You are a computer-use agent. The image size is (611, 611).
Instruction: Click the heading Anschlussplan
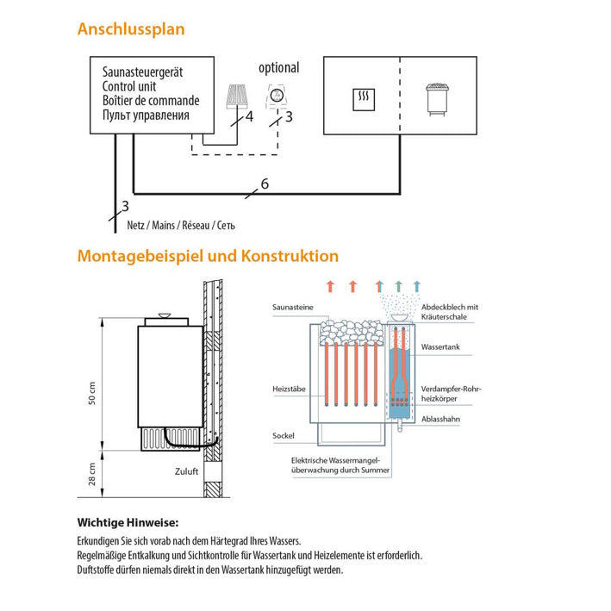[131, 29]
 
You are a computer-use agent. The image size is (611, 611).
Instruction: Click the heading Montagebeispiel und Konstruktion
[208, 256]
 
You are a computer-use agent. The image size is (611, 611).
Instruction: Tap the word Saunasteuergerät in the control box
[142, 73]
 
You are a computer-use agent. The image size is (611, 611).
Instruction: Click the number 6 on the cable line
[265, 184]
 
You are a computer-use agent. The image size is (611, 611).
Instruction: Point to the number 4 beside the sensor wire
[249, 116]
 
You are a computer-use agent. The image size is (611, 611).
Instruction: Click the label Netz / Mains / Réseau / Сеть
[181, 225]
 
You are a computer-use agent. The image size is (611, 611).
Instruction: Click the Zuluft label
[186, 472]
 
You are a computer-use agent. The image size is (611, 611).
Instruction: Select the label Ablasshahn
[440, 420]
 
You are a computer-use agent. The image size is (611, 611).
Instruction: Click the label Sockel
[283, 435]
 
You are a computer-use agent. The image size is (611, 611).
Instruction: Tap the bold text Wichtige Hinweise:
[128, 522]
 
